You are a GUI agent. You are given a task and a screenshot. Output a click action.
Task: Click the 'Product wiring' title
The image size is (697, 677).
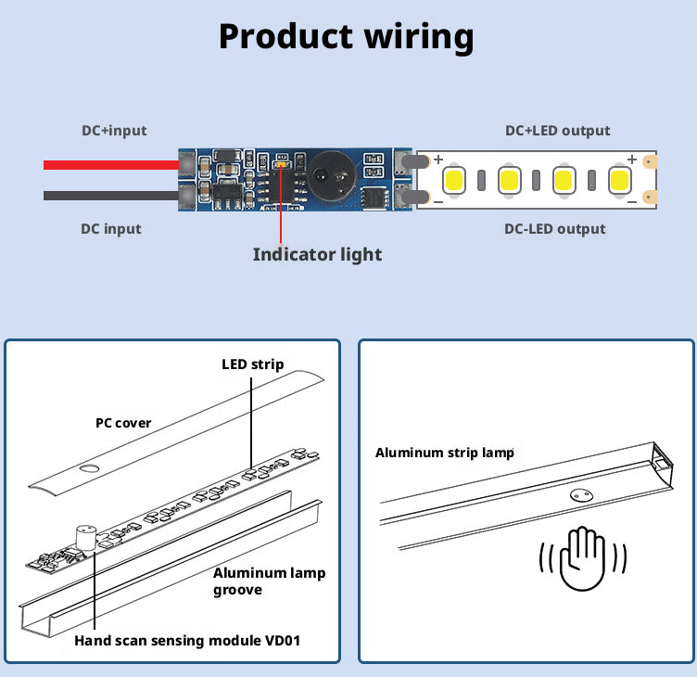[x=346, y=36]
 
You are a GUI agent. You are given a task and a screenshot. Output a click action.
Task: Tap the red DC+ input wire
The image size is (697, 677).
[x=111, y=165]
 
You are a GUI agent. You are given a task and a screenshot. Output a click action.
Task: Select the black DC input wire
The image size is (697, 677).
[x=111, y=196]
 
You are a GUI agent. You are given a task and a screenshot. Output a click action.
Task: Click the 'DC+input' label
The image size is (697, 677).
[x=113, y=131]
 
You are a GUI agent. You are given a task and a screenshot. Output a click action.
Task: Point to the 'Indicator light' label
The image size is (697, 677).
[x=317, y=253]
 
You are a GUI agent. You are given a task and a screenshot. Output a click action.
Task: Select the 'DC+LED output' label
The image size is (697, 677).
[x=557, y=131]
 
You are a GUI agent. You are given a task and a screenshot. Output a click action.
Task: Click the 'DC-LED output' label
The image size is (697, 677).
[x=554, y=229]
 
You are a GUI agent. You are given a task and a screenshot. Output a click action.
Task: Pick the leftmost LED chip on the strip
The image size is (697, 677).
[x=454, y=179]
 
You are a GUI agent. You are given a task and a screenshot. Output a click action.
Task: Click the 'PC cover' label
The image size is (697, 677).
[x=123, y=423]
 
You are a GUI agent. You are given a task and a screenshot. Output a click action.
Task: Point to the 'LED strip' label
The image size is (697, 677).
[x=252, y=364]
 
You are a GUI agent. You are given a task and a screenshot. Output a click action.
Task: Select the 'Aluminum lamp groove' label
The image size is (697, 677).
[x=269, y=581]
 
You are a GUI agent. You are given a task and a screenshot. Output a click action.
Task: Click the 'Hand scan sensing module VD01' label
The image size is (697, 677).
[x=187, y=640]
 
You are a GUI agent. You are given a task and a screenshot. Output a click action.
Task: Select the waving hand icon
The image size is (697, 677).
[x=584, y=558]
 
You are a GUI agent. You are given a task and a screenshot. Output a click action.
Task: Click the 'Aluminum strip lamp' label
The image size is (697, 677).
[x=444, y=453]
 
